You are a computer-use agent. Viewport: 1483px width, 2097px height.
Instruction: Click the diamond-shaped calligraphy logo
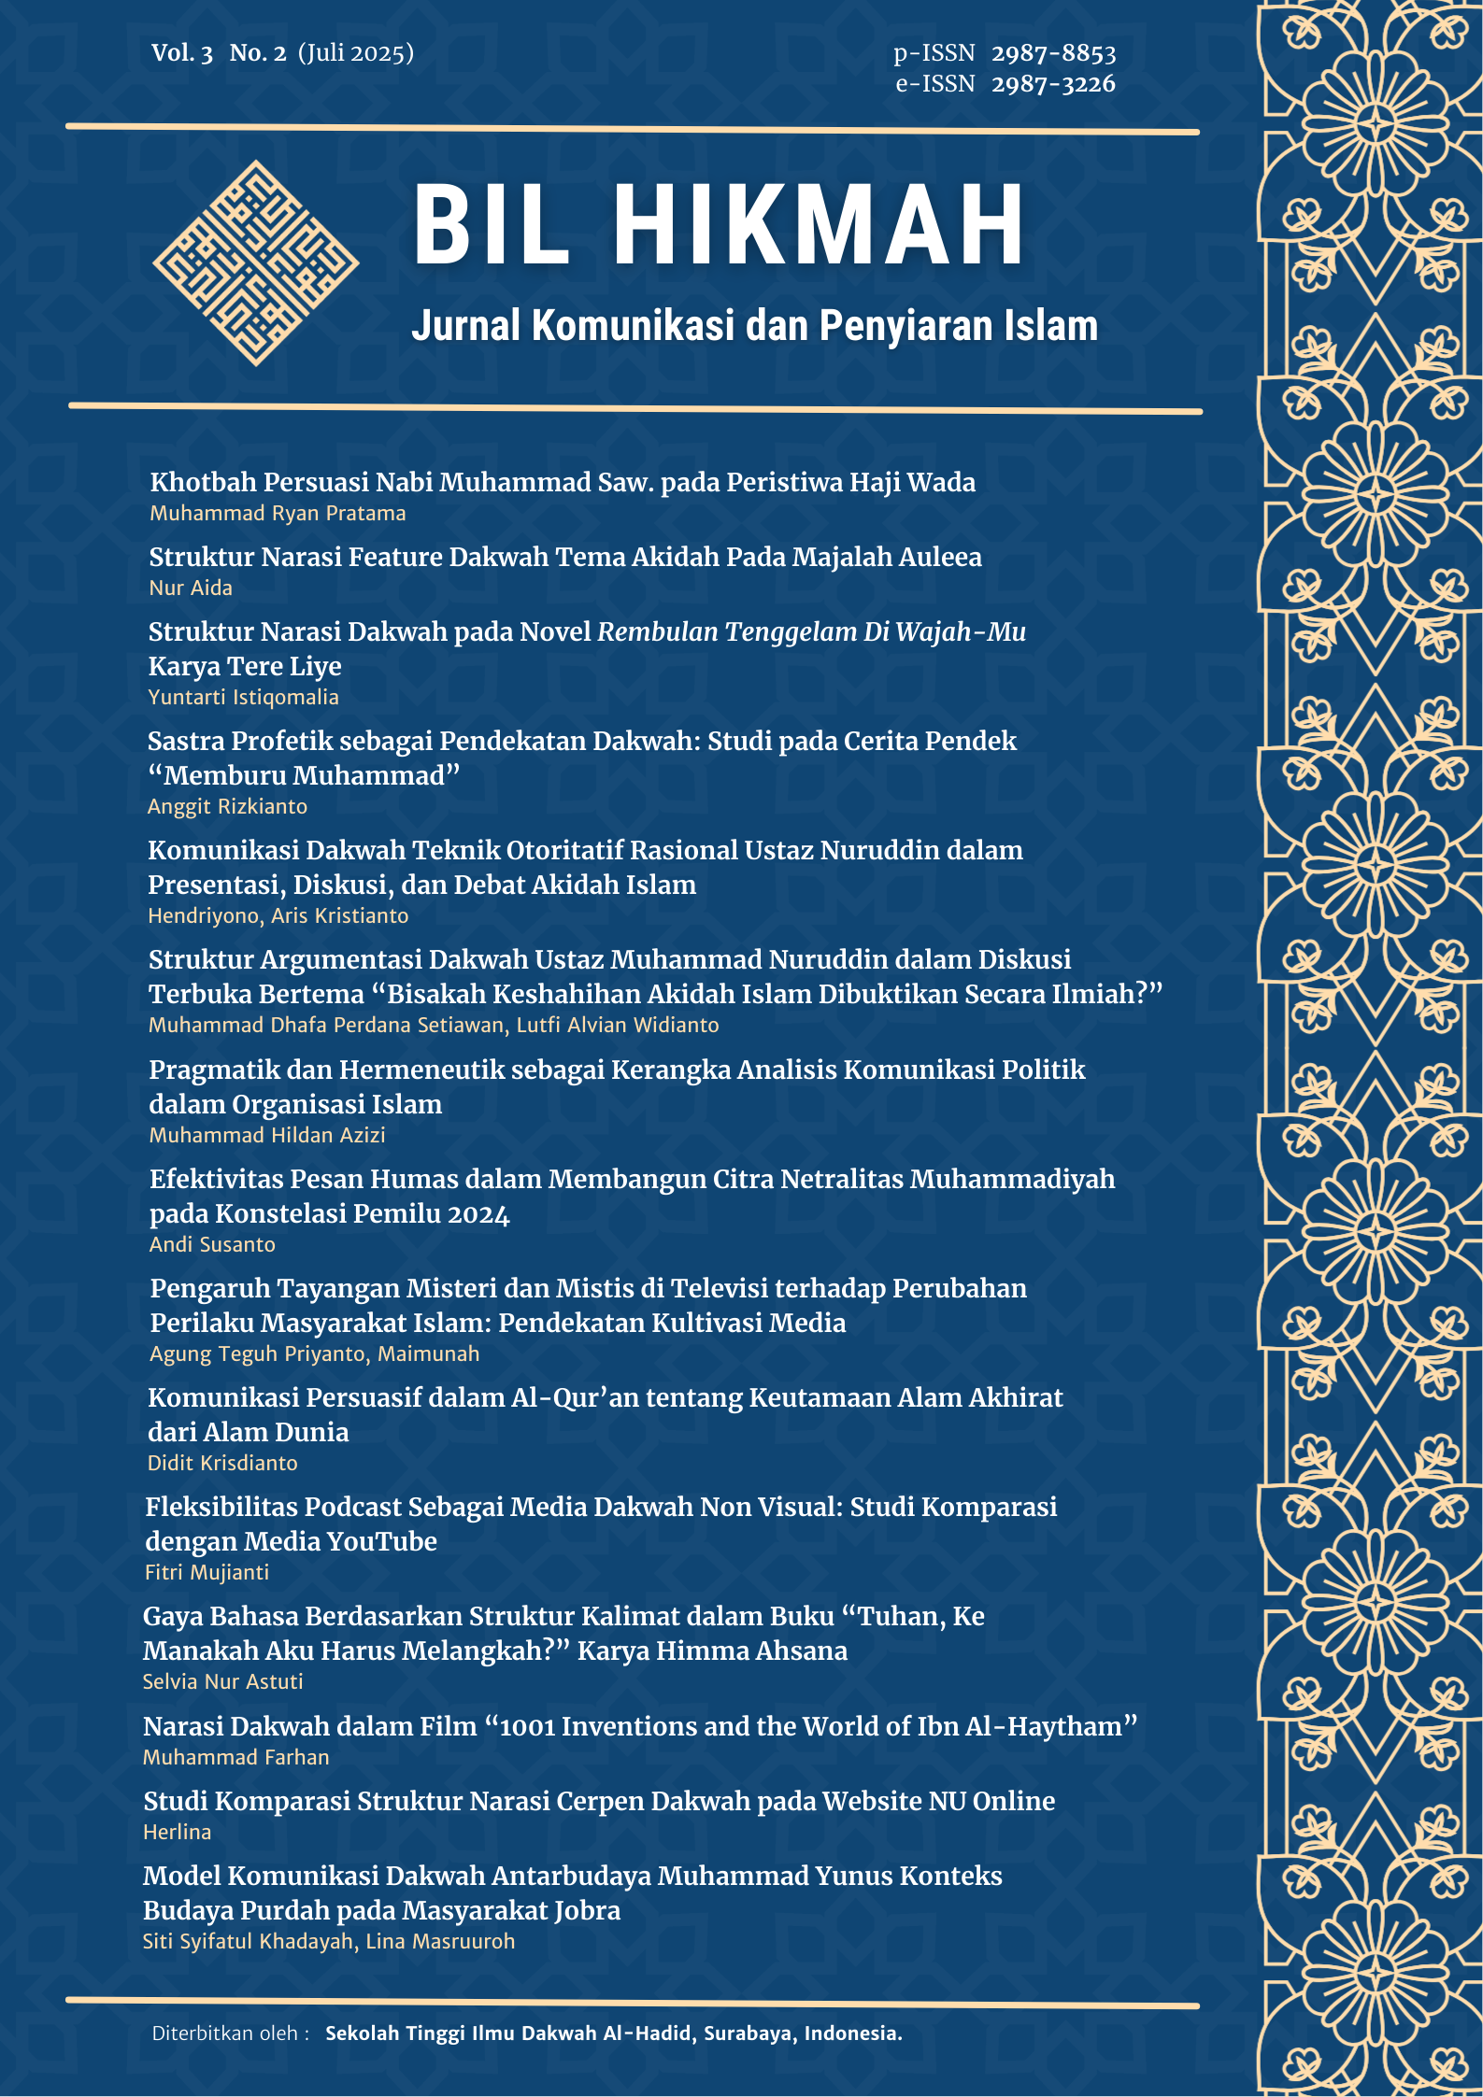(x=255, y=262)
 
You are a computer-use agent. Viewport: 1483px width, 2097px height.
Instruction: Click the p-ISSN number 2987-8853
(x=1053, y=53)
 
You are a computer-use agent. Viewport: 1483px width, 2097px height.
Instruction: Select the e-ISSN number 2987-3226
(x=1053, y=84)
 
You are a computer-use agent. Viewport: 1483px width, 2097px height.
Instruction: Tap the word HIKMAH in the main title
(x=819, y=226)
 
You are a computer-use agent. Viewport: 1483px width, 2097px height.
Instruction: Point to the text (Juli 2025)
(x=356, y=53)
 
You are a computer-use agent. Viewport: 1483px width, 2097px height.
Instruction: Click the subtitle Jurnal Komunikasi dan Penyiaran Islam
(x=754, y=326)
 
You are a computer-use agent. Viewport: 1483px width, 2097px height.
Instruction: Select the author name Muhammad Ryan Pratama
(x=278, y=514)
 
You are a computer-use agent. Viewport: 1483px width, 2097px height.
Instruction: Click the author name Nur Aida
(x=191, y=588)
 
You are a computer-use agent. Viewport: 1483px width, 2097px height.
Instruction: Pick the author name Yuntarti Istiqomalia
(x=243, y=698)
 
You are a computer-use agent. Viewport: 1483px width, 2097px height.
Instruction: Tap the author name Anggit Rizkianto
(x=227, y=807)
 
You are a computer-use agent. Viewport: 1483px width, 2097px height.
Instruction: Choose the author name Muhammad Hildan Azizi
(x=267, y=1136)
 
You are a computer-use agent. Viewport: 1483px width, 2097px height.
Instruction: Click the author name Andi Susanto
(x=212, y=1245)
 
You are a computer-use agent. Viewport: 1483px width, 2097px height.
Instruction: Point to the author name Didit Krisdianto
(x=222, y=1464)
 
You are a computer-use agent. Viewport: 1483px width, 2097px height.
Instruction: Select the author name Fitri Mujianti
(x=207, y=1573)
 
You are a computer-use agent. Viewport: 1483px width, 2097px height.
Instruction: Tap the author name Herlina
(x=177, y=1833)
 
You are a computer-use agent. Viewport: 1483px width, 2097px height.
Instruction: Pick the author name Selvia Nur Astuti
(x=222, y=1682)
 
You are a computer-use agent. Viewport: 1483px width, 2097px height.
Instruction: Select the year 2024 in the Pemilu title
(x=478, y=1214)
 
